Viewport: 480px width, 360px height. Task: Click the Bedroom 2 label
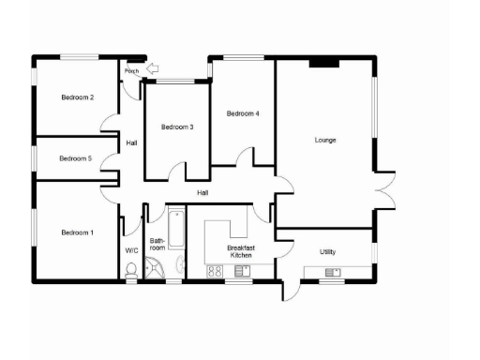(x=77, y=97)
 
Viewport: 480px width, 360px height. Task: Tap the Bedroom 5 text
(x=75, y=158)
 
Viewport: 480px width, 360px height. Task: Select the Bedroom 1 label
(x=77, y=232)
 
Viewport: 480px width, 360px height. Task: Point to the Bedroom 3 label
(x=176, y=127)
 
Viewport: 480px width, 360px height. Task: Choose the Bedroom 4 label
(x=243, y=113)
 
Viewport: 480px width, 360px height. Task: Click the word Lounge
(x=325, y=141)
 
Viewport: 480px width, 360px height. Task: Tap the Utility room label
(x=327, y=252)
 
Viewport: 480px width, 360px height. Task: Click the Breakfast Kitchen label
(x=241, y=251)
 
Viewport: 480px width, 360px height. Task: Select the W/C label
(x=131, y=251)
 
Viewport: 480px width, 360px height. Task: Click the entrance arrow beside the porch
(x=153, y=67)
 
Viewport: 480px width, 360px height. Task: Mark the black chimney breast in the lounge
(x=324, y=62)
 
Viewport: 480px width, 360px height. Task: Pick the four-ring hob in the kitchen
(x=214, y=273)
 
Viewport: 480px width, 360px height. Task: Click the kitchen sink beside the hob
(x=242, y=272)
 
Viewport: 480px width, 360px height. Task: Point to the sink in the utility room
(x=333, y=273)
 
